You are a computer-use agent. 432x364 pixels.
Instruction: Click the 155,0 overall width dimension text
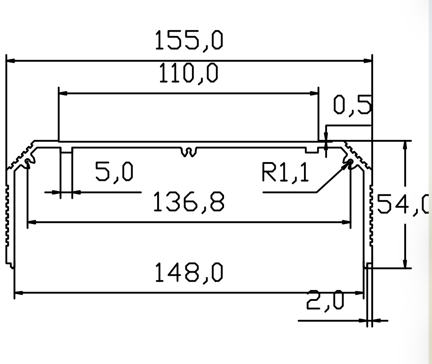tap(189, 41)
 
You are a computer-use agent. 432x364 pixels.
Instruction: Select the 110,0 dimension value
tap(189, 73)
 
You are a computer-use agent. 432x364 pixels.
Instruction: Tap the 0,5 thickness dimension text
tap(352, 105)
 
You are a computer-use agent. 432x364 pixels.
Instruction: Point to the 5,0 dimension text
tap(114, 172)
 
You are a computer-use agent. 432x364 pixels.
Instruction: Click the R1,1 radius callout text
tap(285, 172)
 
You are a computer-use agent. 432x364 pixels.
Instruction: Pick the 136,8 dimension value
tap(189, 202)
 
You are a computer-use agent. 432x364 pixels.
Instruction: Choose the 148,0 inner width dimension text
tap(189, 273)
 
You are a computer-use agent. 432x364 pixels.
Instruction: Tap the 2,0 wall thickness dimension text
tap(325, 300)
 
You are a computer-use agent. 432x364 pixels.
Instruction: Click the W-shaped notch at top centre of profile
tap(189, 152)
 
